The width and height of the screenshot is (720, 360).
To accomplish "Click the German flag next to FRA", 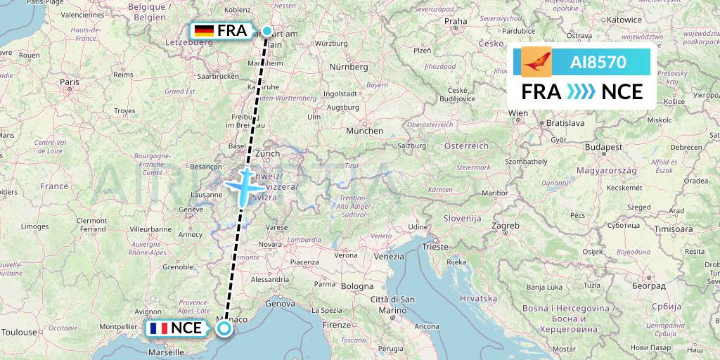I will (204, 31).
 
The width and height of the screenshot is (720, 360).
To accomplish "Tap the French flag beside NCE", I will (158, 328).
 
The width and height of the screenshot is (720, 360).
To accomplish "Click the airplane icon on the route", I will (244, 186).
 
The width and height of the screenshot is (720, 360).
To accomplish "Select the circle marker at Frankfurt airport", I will (267, 31).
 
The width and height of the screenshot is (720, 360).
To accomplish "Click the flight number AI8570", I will (598, 62).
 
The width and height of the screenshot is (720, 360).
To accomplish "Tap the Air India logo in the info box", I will (536, 62).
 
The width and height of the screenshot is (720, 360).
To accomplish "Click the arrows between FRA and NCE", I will (581, 92).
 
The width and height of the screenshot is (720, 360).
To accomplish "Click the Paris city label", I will (69, 82).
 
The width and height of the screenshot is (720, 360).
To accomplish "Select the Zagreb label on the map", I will (506, 226).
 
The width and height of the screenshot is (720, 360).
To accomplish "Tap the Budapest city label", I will (603, 148).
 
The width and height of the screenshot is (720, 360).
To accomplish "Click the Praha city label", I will (456, 21).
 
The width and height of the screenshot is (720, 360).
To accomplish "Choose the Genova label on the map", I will (279, 304).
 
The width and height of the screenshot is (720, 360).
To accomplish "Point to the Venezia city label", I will (389, 257).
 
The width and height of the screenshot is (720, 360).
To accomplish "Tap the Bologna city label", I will (358, 287).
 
